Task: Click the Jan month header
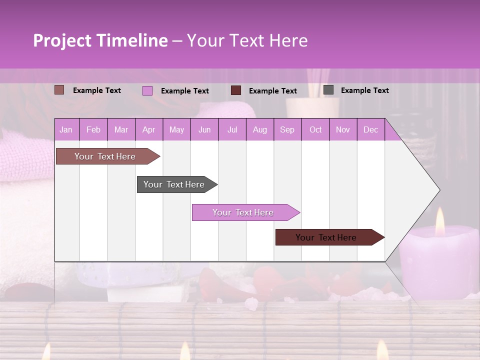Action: [x=66, y=130]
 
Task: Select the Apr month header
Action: [x=148, y=130]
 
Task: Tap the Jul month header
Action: [x=232, y=130]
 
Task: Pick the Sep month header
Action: [x=287, y=130]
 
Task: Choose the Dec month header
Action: [x=370, y=130]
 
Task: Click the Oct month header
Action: [x=315, y=130]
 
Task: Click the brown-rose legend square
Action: [x=59, y=90]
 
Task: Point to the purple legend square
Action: [x=147, y=90]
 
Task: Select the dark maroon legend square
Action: [x=236, y=90]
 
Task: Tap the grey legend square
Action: [x=328, y=90]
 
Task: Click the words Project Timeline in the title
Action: [x=100, y=40]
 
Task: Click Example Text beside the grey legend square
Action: [x=364, y=90]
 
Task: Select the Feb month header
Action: [x=93, y=130]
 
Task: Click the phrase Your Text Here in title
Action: [x=247, y=40]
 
